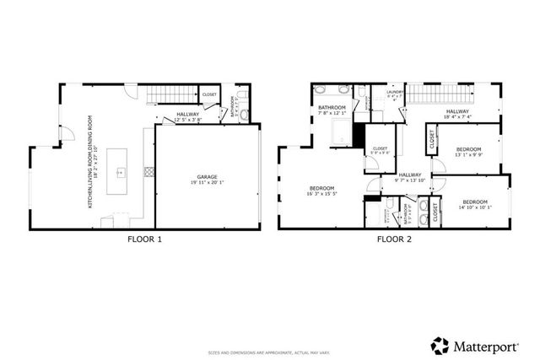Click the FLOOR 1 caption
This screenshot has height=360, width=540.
(x=144, y=239)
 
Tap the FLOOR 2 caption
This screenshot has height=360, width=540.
(x=395, y=239)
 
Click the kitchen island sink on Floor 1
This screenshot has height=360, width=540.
(x=121, y=172)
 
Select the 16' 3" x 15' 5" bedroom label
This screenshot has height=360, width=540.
(x=322, y=190)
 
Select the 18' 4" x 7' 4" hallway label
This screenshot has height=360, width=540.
(x=458, y=114)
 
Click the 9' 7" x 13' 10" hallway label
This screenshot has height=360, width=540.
(x=409, y=178)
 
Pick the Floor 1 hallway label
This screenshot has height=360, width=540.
(x=188, y=116)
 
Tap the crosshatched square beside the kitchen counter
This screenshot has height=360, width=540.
(x=149, y=171)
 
